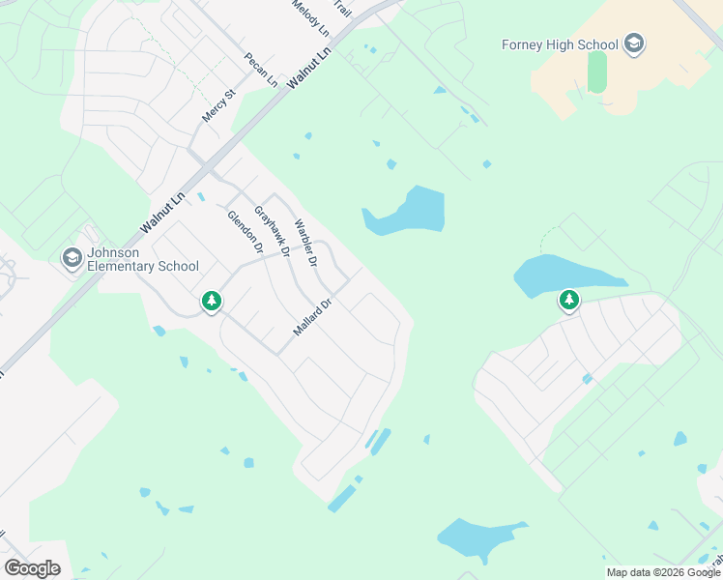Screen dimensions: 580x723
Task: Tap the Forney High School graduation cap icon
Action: (634, 43)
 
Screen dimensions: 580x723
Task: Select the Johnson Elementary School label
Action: (142, 259)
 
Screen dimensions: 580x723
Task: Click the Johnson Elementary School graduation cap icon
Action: (72, 258)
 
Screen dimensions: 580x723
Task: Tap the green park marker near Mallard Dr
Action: (212, 302)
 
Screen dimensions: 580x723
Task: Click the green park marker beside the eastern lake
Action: (569, 301)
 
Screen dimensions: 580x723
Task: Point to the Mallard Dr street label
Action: (312, 317)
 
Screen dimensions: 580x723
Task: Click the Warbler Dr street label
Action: (305, 243)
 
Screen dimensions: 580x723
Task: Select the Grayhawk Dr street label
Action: (272, 231)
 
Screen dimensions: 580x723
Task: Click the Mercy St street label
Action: (218, 105)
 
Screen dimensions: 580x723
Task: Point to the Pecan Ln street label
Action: (261, 71)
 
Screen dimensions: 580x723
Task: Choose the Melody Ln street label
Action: (310, 18)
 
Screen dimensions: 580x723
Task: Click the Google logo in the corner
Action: (32, 568)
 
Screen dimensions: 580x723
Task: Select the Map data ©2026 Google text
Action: (663, 572)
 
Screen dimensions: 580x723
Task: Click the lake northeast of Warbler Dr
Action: (411, 211)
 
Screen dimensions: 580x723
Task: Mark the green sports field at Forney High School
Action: (596, 72)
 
